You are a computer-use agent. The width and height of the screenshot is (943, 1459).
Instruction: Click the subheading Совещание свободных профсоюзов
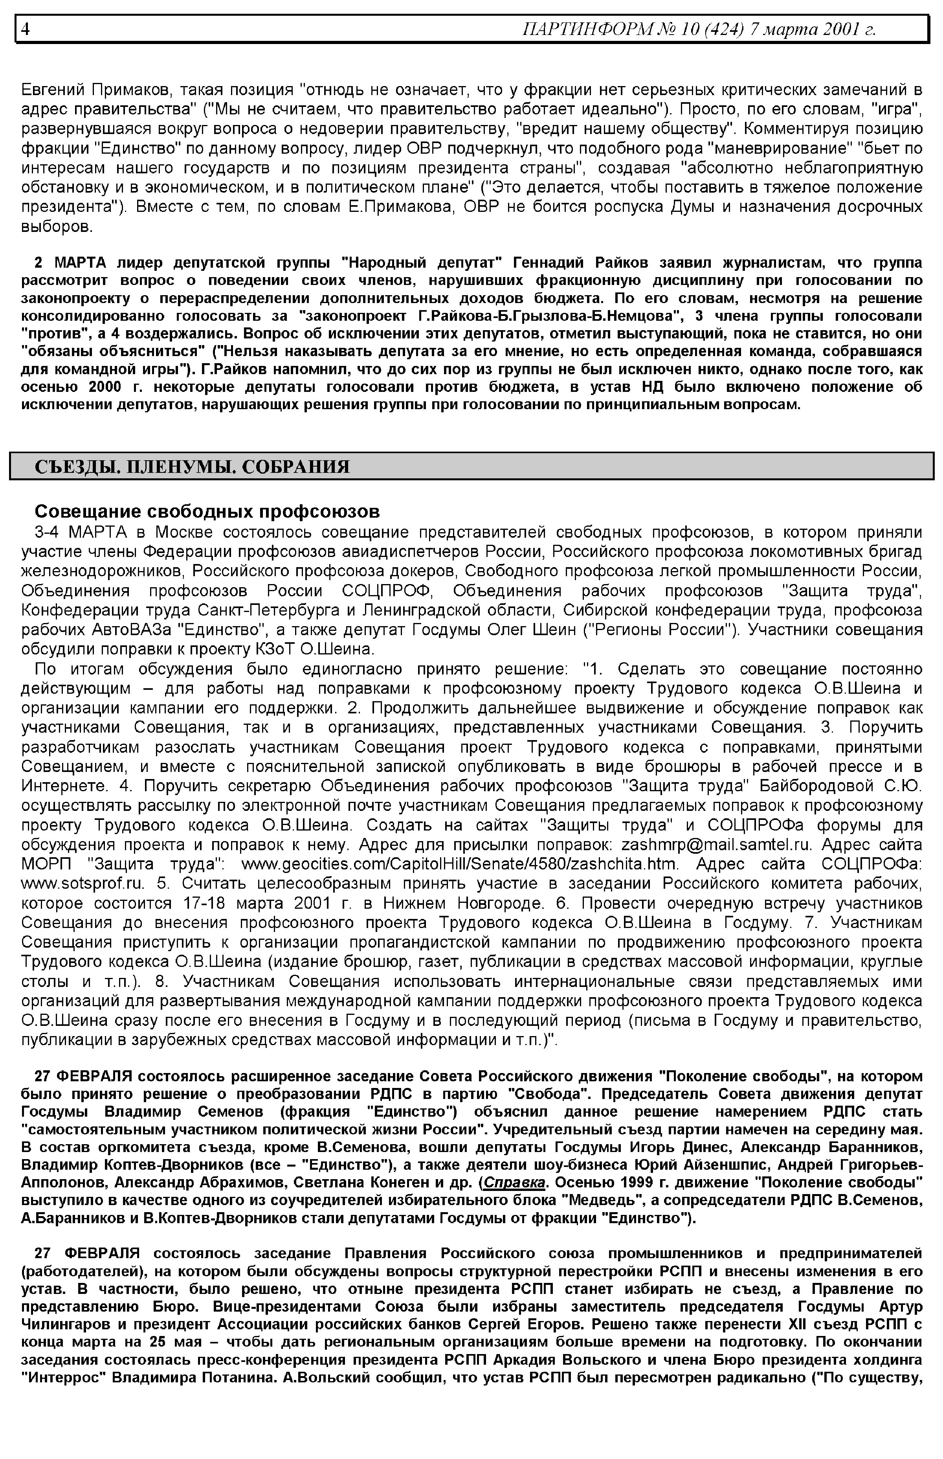(207, 511)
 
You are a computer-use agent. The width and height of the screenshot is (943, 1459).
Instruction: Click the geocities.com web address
(460, 864)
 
